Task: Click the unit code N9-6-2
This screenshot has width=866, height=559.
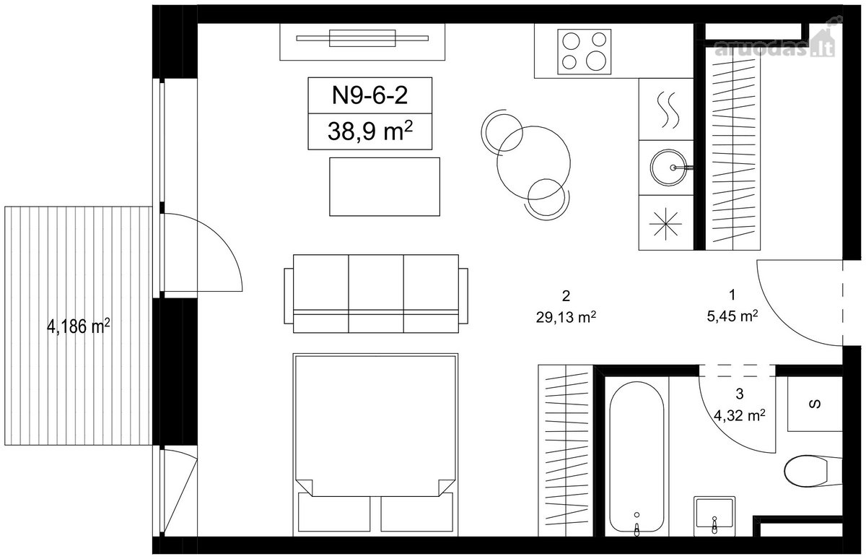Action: coord(370,95)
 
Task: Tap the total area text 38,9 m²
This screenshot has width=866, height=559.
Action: coord(370,131)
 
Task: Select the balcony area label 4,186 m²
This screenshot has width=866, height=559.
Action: coord(79,326)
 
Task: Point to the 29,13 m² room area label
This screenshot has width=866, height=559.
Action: coord(566,317)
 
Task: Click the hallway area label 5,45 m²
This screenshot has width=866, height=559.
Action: coord(732,316)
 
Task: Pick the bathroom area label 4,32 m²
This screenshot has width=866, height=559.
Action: coord(739,415)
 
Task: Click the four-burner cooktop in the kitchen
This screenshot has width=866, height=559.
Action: coord(584,51)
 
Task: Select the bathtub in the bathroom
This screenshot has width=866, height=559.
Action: coord(637,456)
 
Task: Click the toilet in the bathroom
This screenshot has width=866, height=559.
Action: coord(813,471)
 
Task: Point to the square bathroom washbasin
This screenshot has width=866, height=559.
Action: coord(714,516)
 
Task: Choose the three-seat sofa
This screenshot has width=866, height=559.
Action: coord(376,294)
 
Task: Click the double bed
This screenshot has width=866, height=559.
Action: coord(375,444)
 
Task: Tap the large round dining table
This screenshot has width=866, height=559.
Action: coord(533,162)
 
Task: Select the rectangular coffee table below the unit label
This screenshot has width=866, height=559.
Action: coord(385,186)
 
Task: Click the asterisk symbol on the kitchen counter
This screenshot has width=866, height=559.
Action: coord(665,224)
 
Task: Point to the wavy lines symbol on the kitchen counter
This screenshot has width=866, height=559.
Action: coord(668,110)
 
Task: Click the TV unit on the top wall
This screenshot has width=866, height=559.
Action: coord(362,42)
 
